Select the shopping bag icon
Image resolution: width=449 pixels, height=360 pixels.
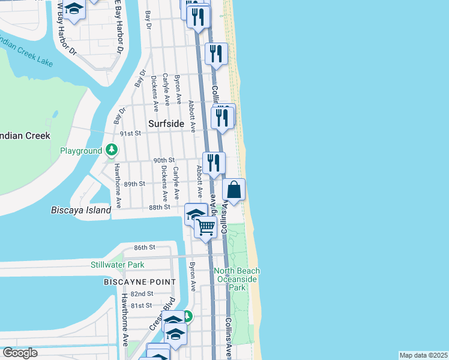(234, 190)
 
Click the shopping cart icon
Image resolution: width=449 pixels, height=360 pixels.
(205, 227)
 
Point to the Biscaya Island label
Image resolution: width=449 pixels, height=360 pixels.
(81, 210)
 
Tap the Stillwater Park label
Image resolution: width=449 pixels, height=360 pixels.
(118, 265)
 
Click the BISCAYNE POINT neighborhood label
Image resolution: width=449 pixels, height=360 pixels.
(140, 281)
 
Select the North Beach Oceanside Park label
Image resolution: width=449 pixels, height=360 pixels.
(237, 279)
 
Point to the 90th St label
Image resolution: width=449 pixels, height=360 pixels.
(163, 160)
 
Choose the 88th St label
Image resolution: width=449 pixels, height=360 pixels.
(160, 207)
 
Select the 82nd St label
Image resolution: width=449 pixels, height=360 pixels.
(142, 293)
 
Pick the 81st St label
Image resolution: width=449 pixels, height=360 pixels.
(142, 305)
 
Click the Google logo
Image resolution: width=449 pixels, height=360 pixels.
(20, 353)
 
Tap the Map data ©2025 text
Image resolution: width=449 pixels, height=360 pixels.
(423, 355)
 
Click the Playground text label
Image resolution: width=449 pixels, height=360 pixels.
(81, 151)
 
